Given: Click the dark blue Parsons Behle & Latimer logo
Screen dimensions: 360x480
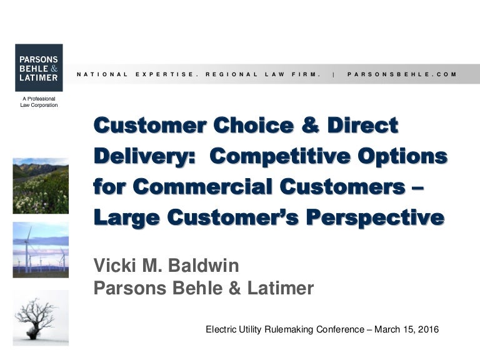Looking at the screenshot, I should click(x=39, y=67).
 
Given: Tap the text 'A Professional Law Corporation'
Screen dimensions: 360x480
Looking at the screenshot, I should click(x=39, y=102).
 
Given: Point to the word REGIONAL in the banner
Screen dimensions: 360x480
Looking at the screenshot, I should click(x=232, y=74).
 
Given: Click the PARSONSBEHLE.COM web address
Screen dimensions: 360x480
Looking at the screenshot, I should click(x=402, y=74).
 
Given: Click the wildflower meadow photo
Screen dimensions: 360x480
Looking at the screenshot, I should click(x=41, y=186).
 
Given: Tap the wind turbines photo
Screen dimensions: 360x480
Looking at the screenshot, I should click(x=41, y=249).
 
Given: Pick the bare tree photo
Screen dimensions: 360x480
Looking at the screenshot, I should click(x=41, y=317).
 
